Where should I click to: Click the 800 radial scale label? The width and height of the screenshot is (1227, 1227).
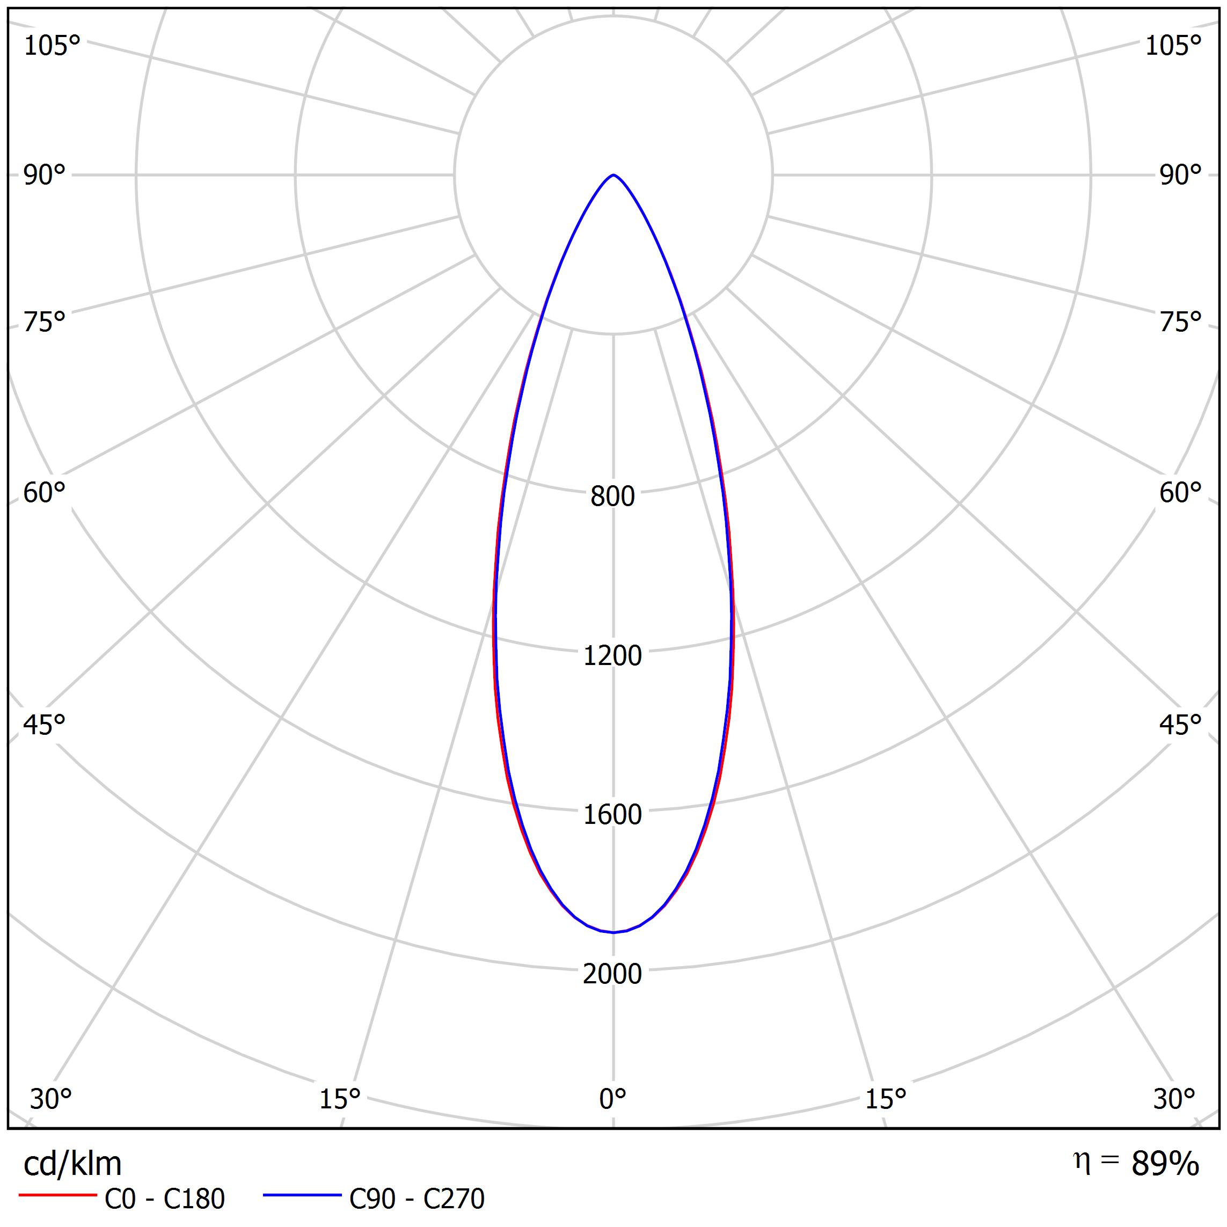click(x=612, y=496)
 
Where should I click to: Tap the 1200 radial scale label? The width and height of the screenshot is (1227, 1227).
click(x=612, y=655)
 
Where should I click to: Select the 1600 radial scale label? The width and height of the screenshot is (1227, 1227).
click(x=612, y=815)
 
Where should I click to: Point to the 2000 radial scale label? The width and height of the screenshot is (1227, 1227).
click(x=612, y=974)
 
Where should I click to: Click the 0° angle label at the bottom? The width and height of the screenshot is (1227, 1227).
click(x=612, y=1099)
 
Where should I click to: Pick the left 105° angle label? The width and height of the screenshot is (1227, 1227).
click(x=52, y=46)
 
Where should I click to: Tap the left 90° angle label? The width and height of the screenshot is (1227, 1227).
click(x=45, y=176)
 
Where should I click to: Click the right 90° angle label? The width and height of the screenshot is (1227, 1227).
click(x=1181, y=176)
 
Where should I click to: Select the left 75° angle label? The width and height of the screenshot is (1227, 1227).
click(x=45, y=323)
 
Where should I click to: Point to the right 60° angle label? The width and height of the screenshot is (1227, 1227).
click(x=1181, y=493)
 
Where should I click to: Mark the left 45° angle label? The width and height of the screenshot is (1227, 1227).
click(x=45, y=725)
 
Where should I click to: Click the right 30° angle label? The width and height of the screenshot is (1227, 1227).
click(x=1174, y=1099)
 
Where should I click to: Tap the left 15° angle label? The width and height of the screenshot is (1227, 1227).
click(x=340, y=1099)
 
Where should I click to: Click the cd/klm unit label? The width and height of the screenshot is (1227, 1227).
click(x=72, y=1164)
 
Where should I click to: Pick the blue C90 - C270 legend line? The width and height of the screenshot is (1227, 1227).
click(x=302, y=1195)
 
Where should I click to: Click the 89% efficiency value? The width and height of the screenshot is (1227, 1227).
click(x=1165, y=1164)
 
